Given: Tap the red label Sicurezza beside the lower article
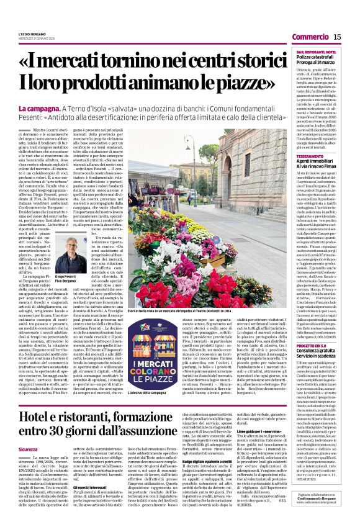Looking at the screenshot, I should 28,448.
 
